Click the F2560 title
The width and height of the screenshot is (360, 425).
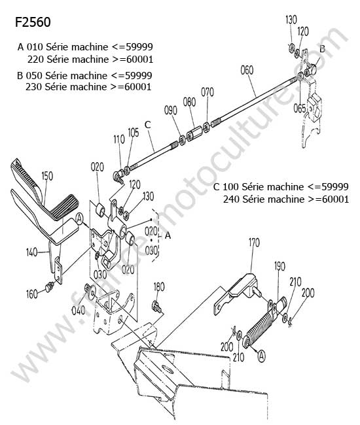[x=33, y=22]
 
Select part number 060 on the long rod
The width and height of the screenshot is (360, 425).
[x=247, y=70]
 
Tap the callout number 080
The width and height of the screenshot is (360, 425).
[x=189, y=102]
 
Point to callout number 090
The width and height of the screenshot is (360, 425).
[x=171, y=110]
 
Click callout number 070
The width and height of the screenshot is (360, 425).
[x=207, y=92]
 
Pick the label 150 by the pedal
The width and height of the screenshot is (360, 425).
[x=47, y=176]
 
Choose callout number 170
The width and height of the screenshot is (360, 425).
[x=254, y=243]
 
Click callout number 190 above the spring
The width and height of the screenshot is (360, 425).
[x=279, y=266]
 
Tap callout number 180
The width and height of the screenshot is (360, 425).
[x=159, y=287]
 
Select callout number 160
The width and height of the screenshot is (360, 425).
[x=31, y=294]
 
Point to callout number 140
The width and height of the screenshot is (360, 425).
[x=31, y=252]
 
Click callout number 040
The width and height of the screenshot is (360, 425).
[x=78, y=311]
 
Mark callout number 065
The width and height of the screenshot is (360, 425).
[x=300, y=109]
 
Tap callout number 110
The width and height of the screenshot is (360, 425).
[x=119, y=139]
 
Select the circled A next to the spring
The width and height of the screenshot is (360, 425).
[x=261, y=356]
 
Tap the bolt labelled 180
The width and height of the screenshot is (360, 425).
[x=156, y=307]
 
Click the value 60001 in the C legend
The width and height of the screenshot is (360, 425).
[x=335, y=199]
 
